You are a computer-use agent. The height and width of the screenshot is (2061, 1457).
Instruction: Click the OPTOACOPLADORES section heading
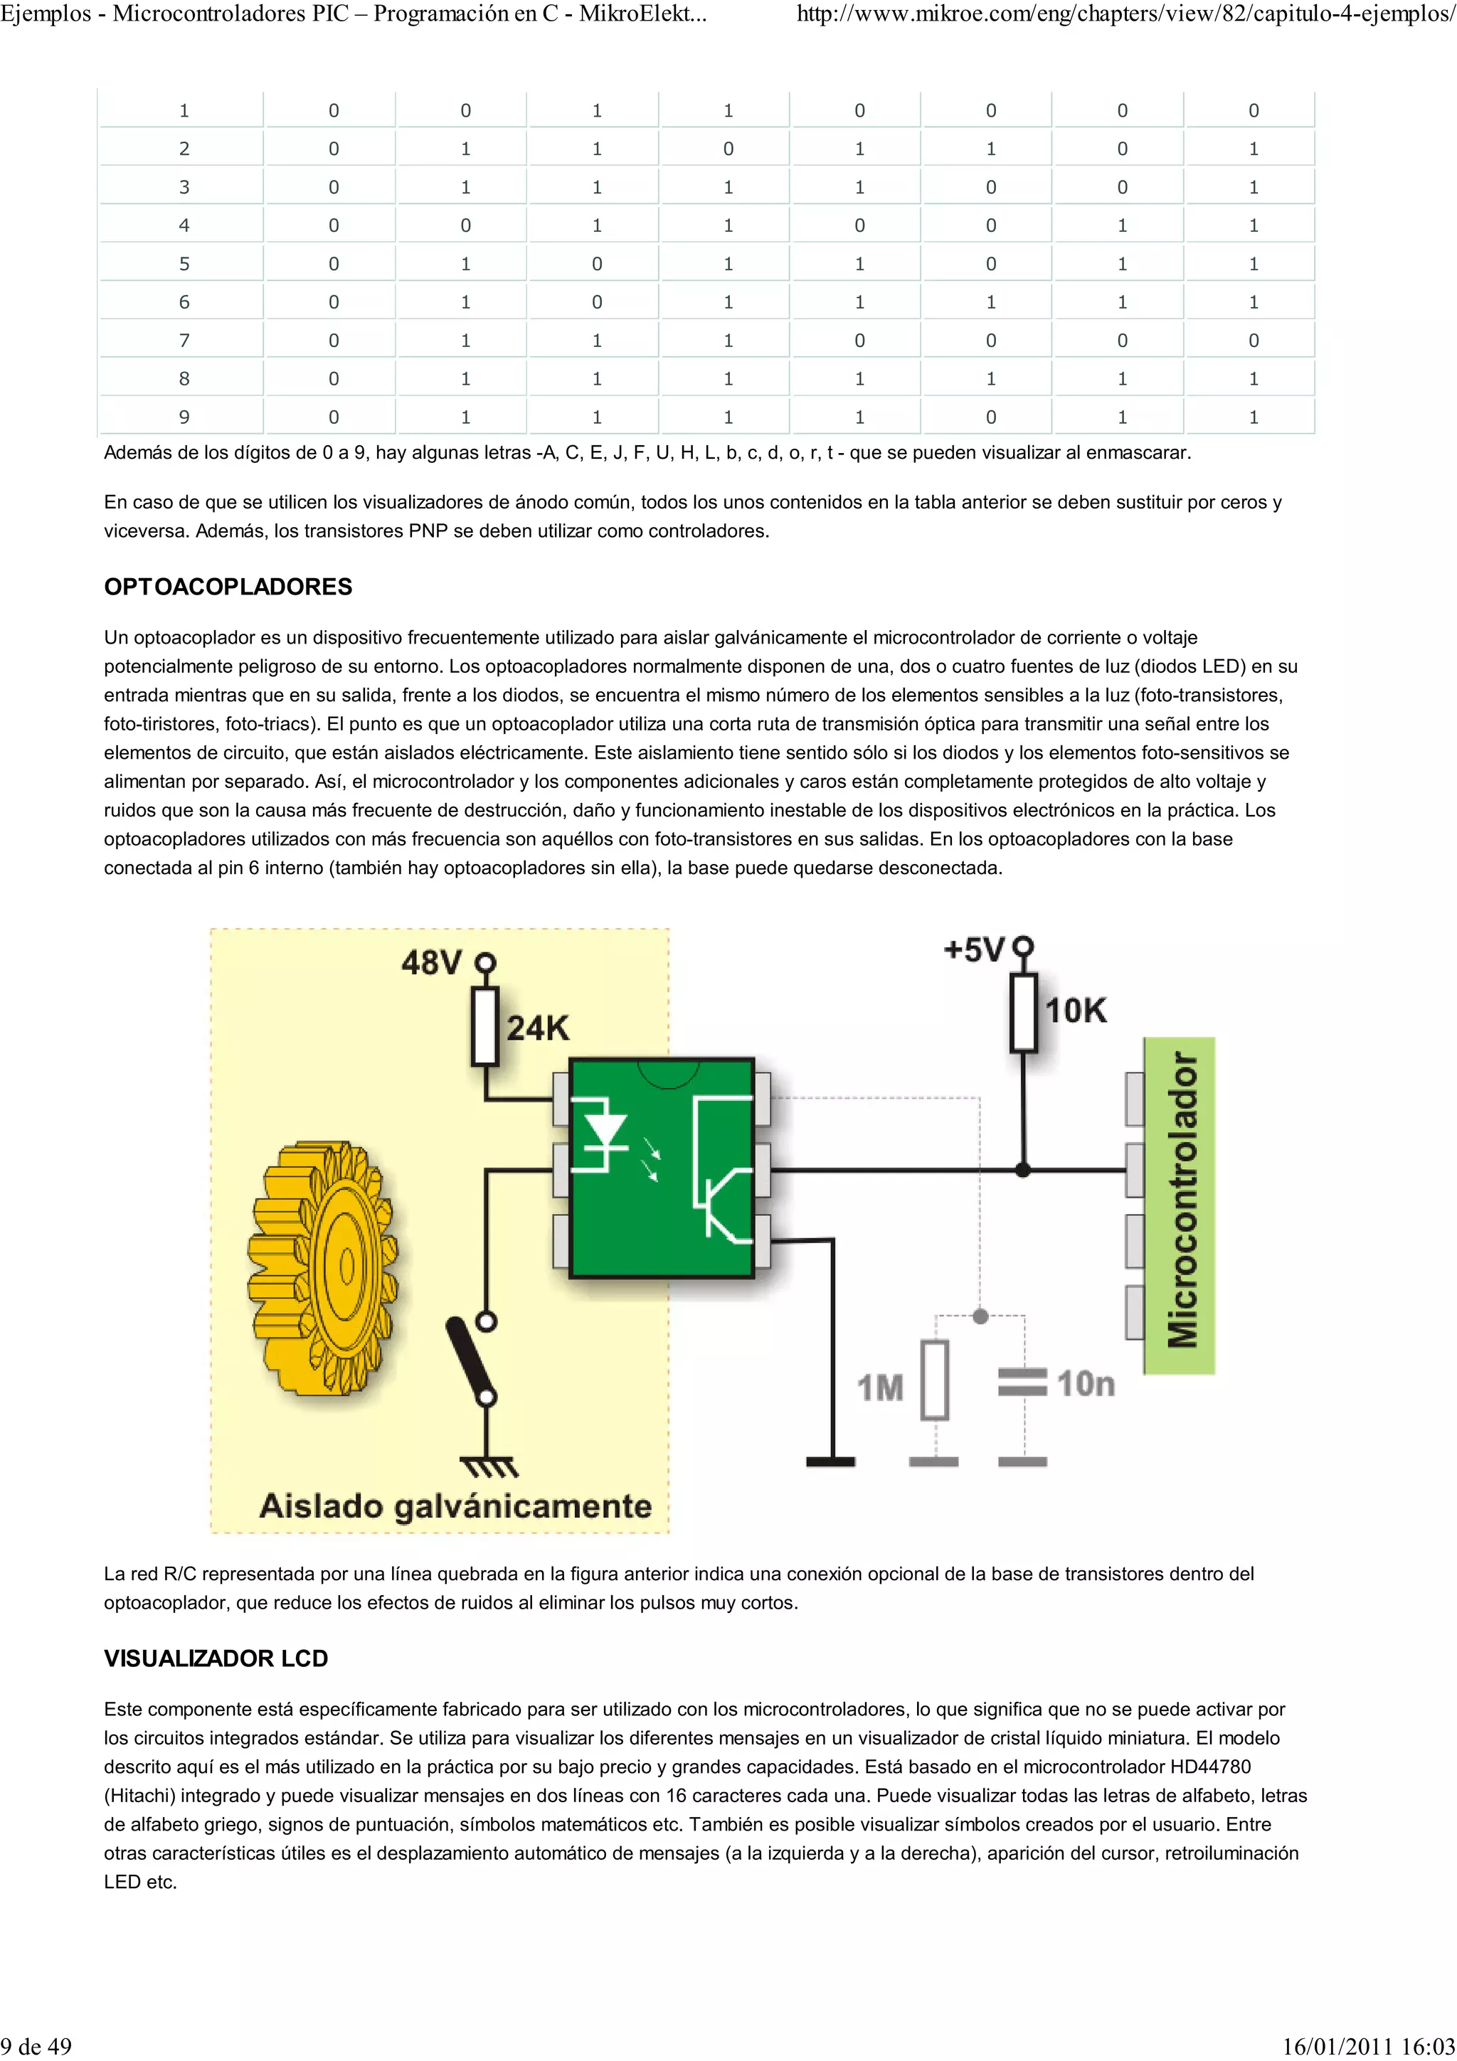[228, 587]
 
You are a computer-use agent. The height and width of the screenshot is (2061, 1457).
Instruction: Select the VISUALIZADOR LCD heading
[216, 1659]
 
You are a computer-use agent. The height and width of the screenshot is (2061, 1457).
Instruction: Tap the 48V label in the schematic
[431, 963]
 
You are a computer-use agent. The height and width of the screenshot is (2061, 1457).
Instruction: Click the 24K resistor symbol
[484, 1026]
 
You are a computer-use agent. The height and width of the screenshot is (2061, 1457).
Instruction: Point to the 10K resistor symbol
[1024, 1011]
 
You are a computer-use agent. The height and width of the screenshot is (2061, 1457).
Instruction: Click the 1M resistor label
[880, 1388]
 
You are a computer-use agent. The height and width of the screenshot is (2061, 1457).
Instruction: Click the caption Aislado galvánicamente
[455, 1506]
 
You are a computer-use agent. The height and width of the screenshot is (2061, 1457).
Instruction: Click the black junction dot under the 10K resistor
[1022, 1171]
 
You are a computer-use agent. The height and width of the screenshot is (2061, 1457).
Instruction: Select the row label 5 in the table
[184, 264]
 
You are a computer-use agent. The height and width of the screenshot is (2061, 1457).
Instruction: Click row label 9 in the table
[184, 417]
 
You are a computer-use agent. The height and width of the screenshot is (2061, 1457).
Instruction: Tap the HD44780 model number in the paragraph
[1210, 1767]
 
